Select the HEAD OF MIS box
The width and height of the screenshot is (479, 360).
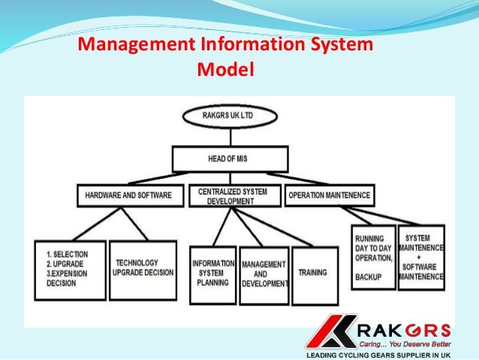click(x=230, y=159)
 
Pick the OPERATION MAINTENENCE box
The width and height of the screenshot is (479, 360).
click(x=329, y=195)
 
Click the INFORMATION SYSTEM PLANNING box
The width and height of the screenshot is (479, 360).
click(x=213, y=274)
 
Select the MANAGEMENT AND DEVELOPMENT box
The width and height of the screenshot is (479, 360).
click(x=264, y=274)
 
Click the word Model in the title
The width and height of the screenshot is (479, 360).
click(x=224, y=70)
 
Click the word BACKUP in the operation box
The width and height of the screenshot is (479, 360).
click(x=369, y=277)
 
